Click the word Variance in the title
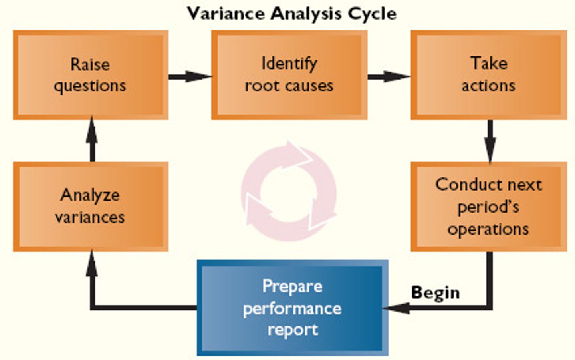click(226, 14)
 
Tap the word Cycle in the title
click(372, 14)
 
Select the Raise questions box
click(90, 75)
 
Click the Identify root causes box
click(289, 75)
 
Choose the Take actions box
click(489, 75)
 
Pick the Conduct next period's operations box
click(489, 207)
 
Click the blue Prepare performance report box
click(292, 308)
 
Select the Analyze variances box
click(90, 207)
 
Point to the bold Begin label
click(435, 292)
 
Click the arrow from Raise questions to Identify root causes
click(189, 76)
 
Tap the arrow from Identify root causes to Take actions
click(389, 76)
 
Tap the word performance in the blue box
click(292, 308)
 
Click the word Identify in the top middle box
click(289, 63)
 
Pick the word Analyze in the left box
click(90, 195)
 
